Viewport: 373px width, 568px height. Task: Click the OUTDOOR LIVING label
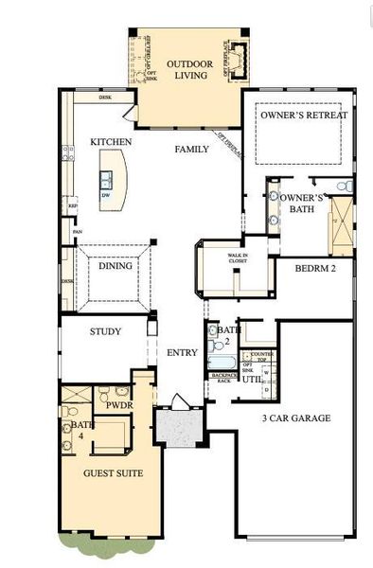pos(187,70)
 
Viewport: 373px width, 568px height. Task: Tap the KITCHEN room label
pos(111,142)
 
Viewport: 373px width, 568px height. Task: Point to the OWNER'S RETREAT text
pos(305,115)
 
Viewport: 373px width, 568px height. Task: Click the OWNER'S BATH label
pos(302,203)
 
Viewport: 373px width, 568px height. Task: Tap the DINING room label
pos(115,267)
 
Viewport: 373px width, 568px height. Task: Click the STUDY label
pos(105,331)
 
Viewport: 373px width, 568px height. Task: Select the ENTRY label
pos(182,353)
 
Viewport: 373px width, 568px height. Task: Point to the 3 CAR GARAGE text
pos(297,417)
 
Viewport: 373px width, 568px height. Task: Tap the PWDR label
pos(118,405)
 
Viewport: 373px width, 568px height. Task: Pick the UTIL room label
pos(252,378)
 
